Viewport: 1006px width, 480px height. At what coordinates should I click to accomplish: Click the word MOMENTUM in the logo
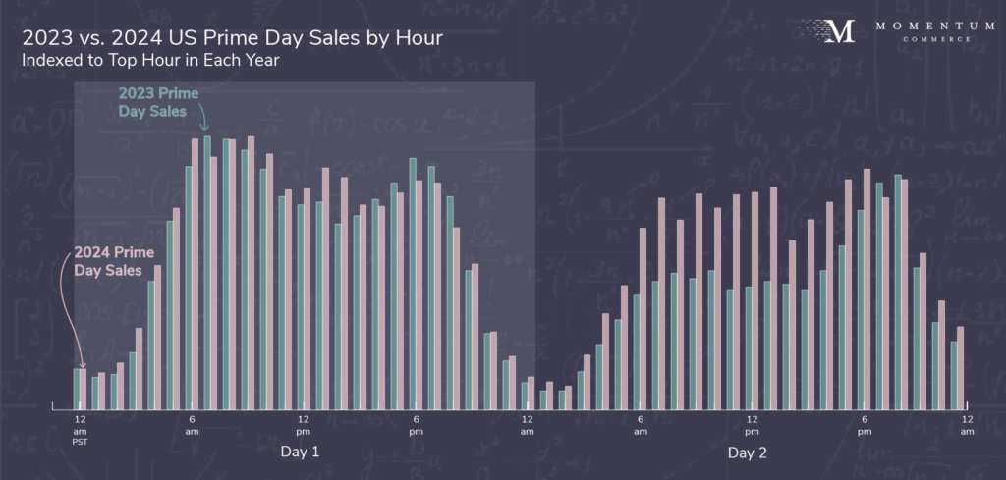click(x=922, y=25)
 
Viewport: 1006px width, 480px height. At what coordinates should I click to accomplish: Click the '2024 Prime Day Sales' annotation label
click(x=114, y=260)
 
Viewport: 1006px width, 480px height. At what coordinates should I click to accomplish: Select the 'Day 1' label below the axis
click(x=300, y=453)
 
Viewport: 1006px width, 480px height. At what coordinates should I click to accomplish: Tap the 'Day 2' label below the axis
click(x=748, y=453)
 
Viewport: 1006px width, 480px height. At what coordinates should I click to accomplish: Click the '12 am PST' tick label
click(x=81, y=430)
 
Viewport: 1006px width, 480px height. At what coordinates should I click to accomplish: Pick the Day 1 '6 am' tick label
click(x=193, y=425)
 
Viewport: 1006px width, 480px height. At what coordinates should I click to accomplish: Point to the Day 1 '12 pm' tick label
click(x=304, y=425)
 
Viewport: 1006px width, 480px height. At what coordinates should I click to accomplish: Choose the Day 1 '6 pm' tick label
click(x=416, y=425)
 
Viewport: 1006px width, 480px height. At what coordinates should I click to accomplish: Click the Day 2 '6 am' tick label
click(x=641, y=425)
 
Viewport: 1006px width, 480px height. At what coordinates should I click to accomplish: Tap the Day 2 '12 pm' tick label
click(x=752, y=425)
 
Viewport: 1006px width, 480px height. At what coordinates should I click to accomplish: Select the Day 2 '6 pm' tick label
click(x=865, y=425)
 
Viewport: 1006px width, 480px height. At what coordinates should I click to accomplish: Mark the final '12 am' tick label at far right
click(x=968, y=425)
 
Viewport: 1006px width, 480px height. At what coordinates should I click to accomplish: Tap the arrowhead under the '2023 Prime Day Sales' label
click(x=205, y=128)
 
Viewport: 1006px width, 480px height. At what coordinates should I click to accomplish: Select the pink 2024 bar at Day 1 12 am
click(x=84, y=388)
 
